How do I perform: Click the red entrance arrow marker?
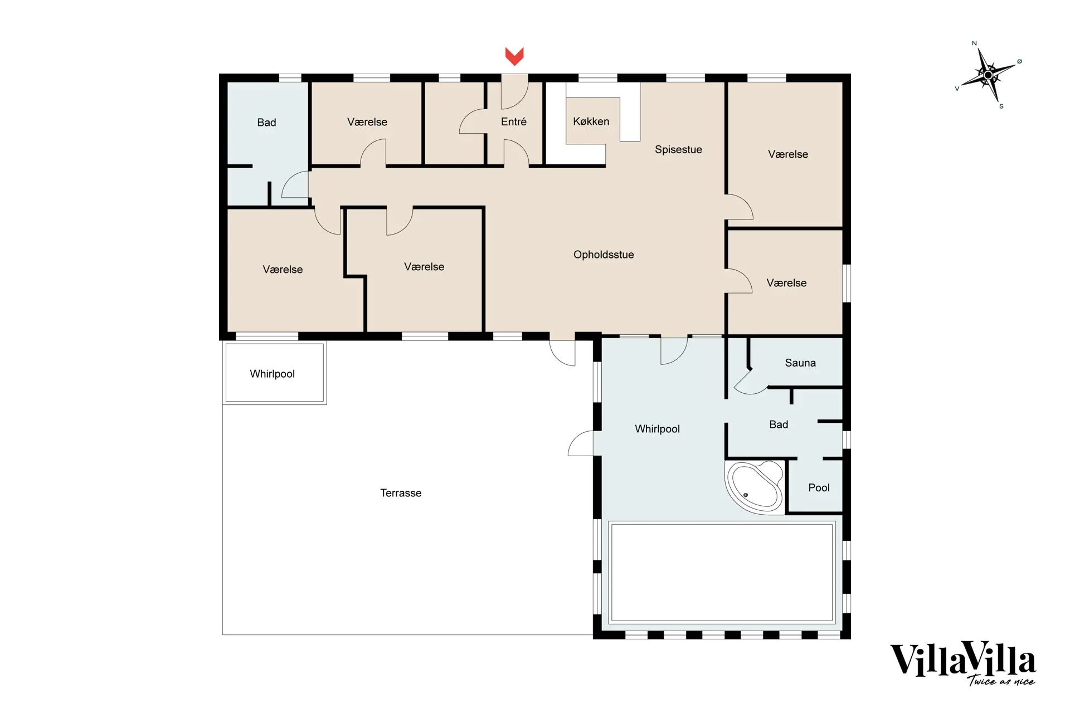click(514, 56)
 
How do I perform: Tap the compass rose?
click(988, 75)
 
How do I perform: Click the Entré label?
click(513, 121)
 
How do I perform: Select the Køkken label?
click(591, 121)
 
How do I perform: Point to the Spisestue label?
click(678, 149)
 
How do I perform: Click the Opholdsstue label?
click(604, 255)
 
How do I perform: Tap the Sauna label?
click(800, 363)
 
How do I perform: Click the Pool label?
click(819, 487)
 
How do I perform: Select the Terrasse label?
click(401, 493)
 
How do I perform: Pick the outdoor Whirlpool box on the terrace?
click(274, 373)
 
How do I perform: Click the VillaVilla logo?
click(962, 661)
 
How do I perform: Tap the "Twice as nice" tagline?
click(1001, 681)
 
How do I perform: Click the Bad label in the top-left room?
click(266, 123)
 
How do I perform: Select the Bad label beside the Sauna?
click(779, 424)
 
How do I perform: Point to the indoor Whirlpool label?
click(657, 429)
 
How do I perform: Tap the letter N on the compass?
click(974, 43)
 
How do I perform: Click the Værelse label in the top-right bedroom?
click(787, 154)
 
